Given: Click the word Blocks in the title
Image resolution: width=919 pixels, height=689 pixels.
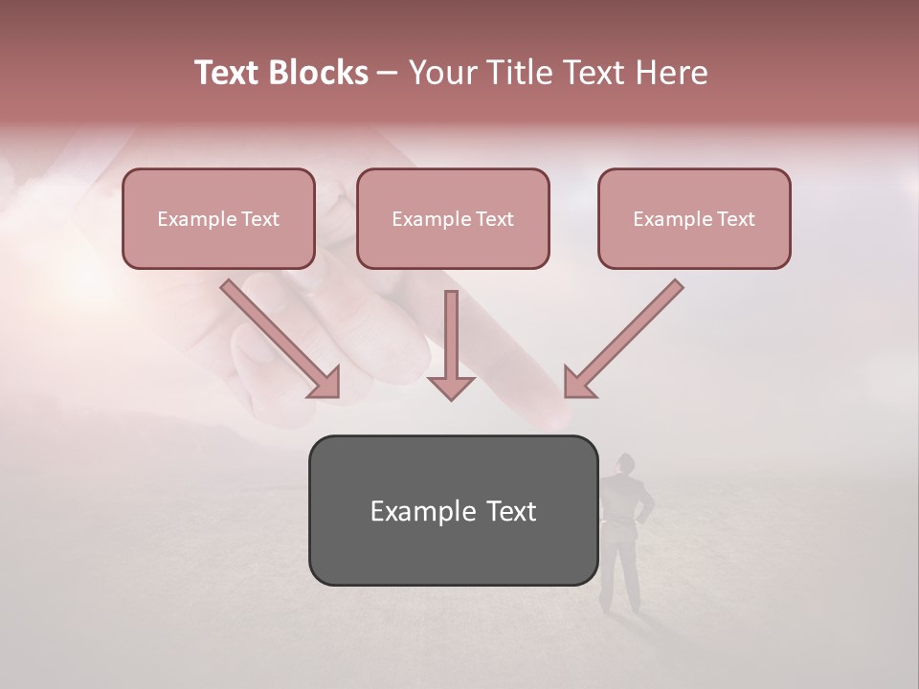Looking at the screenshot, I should pos(319,73).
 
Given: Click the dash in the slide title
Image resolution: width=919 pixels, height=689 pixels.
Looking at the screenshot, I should pos(388,73).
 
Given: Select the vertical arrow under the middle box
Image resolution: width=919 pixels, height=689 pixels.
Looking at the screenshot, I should pos(451,344).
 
